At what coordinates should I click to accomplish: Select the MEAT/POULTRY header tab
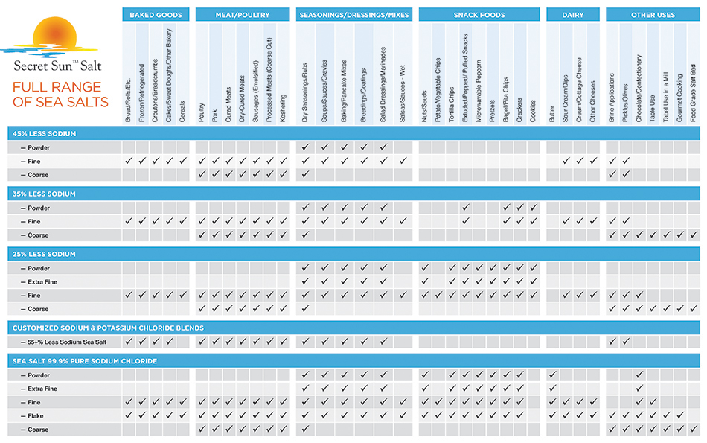[x=243, y=14]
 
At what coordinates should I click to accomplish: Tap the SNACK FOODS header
[x=479, y=14]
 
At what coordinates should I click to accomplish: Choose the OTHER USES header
[x=653, y=14]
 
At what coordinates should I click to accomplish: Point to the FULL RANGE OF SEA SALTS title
[x=60, y=95]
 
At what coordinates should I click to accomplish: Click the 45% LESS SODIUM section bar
[x=353, y=133]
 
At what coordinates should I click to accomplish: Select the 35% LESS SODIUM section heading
[x=353, y=194]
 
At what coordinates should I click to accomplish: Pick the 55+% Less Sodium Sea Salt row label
[x=60, y=341]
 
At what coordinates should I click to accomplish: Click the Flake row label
[x=37, y=415]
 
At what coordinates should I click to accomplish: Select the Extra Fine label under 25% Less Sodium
[x=42, y=281]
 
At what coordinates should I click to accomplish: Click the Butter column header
[x=552, y=112]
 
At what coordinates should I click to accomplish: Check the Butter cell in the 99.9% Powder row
[x=552, y=375]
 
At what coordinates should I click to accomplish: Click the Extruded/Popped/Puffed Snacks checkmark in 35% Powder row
[x=465, y=208]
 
